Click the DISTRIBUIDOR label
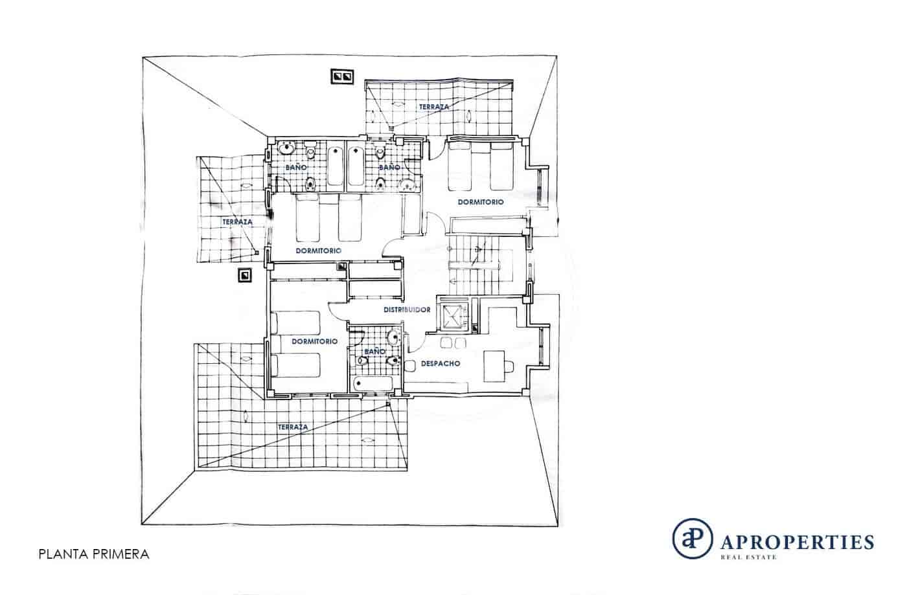click(407, 310)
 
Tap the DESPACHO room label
click(441, 364)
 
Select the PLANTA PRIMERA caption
click(93, 554)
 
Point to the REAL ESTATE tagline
click(748, 556)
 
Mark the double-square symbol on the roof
click(342, 77)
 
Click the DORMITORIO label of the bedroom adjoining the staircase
click(481, 202)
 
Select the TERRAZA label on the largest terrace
click(292, 427)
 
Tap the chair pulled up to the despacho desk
click(509, 366)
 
